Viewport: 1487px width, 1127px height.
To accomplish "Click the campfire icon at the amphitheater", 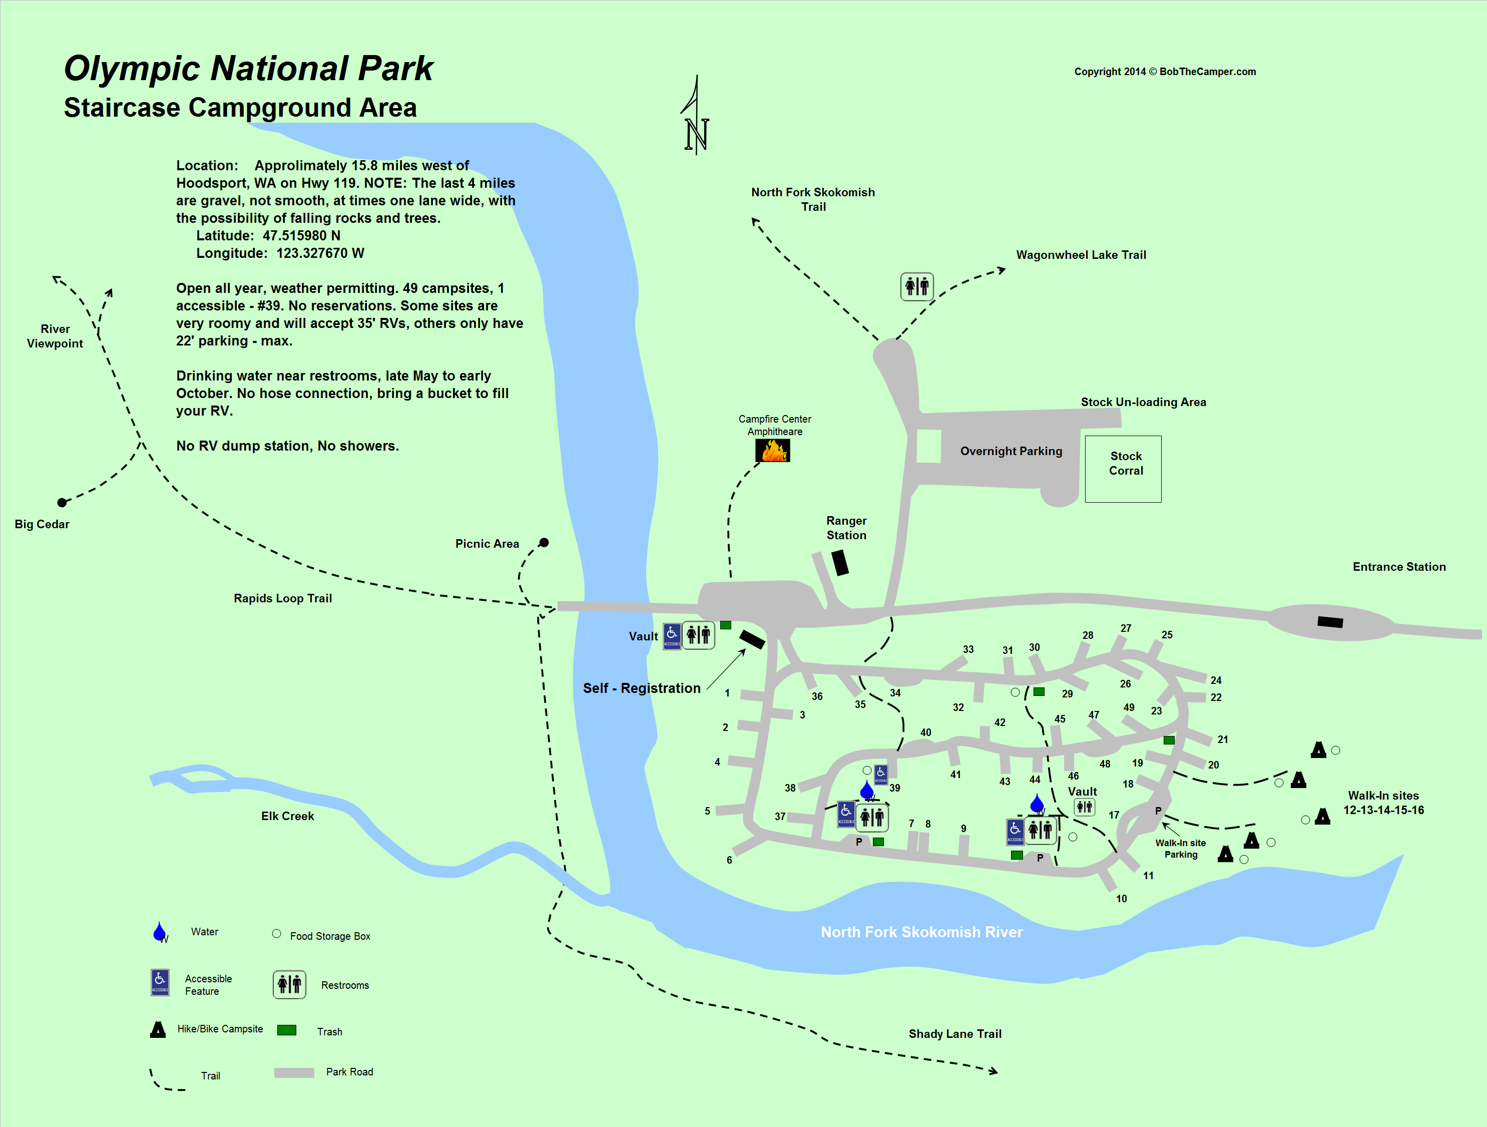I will (x=772, y=451).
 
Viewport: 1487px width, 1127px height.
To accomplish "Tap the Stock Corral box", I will (x=1123, y=469).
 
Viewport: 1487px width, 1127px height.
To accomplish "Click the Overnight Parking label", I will (x=1011, y=451).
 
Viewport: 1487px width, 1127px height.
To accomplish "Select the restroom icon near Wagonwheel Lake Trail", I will (x=916, y=286).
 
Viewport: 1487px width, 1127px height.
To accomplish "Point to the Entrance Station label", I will (x=1398, y=567).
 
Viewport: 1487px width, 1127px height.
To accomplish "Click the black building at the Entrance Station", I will (x=1330, y=622).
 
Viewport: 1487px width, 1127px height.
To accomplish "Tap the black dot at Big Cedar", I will (x=62, y=502).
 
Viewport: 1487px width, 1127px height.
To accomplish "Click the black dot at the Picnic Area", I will (x=544, y=543).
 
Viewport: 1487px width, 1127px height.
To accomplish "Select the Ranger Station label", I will (x=846, y=528).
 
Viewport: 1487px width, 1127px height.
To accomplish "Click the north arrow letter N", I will (x=696, y=135).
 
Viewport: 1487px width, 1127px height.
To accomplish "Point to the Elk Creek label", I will (x=287, y=816).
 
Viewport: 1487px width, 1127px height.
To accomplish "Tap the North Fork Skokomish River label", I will (x=921, y=932).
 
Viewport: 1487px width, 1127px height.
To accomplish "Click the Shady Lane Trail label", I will (x=954, y=1033).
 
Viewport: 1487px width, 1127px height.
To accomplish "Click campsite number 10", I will (x=1121, y=898).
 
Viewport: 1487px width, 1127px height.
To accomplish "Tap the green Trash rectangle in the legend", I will (x=286, y=1030).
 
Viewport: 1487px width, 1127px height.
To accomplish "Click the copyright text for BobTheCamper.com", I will (x=1164, y=72).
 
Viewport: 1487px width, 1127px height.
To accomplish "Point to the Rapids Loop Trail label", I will (x=282, y=598).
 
